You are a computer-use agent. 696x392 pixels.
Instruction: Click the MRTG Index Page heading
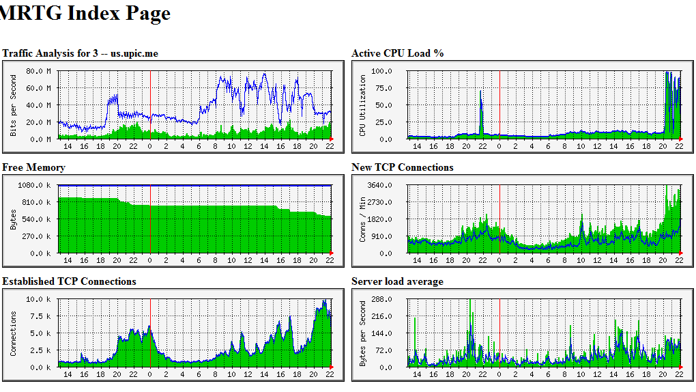85,13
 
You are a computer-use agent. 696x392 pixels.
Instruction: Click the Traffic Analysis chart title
81,53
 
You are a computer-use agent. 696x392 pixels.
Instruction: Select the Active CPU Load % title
398,53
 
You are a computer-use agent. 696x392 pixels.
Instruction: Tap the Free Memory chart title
34,167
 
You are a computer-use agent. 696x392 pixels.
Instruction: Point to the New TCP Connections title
403,167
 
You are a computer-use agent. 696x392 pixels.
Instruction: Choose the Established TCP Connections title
70,281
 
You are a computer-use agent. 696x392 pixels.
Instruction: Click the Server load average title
397,281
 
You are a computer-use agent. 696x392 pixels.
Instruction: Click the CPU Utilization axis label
363,105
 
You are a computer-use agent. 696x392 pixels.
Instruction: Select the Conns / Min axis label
363,219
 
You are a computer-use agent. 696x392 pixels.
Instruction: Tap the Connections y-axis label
14,333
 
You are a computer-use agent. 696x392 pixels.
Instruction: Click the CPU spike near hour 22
481,102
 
